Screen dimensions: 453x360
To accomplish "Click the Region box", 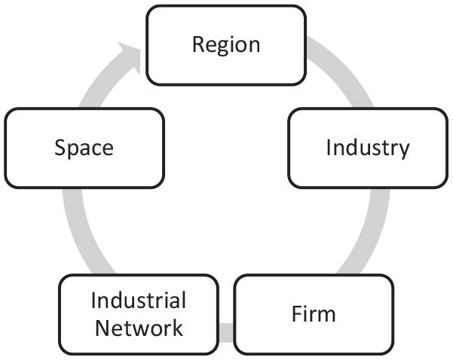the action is [226, 45].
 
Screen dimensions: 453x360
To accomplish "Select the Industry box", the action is [368, 148].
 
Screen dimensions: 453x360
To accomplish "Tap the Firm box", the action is [314, 314].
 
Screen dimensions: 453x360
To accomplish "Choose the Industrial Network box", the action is [139, 314].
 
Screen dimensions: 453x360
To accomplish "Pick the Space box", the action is [84, 148].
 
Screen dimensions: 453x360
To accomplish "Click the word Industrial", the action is [139, 301].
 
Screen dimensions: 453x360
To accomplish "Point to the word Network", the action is [139, 328].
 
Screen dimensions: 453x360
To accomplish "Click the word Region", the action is [226, 45].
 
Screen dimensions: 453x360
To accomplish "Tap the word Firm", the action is [314, 314].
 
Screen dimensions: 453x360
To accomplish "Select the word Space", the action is [84, 148].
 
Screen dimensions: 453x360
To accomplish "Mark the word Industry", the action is [368, 148].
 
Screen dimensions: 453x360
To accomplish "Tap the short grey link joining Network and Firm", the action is [226, 333].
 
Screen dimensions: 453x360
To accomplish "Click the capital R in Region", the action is [199, 44].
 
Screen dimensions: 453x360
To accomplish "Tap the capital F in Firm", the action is [297, 313].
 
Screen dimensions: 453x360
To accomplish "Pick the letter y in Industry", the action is [404, 151].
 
